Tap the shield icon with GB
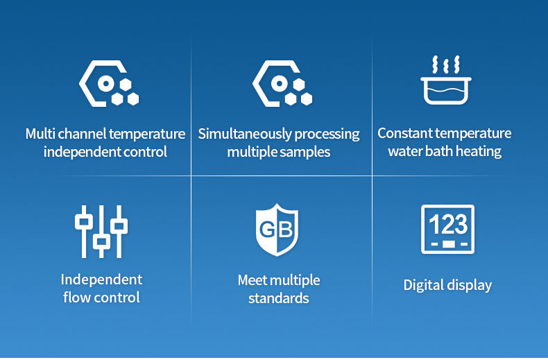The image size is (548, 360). point(277,230)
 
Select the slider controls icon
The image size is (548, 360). point(101,232)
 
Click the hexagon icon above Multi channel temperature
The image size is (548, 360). point(109,83)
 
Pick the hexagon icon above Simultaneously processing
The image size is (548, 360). point(282,83)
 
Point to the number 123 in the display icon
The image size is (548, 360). point(448,224)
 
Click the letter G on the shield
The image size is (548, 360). point(267,230)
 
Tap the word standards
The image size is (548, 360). point(279,298)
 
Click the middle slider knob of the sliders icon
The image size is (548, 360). point(101,241)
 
